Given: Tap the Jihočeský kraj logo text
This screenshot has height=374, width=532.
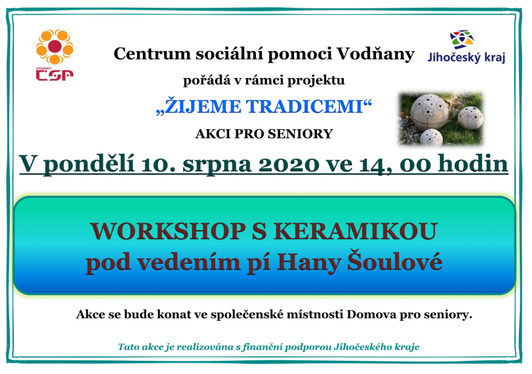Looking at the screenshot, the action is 466,57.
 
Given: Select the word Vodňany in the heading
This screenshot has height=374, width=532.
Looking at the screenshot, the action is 375,54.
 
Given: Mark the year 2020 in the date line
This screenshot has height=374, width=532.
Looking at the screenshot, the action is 289,164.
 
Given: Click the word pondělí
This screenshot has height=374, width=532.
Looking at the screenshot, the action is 89,164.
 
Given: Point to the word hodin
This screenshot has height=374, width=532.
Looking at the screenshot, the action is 473,164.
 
